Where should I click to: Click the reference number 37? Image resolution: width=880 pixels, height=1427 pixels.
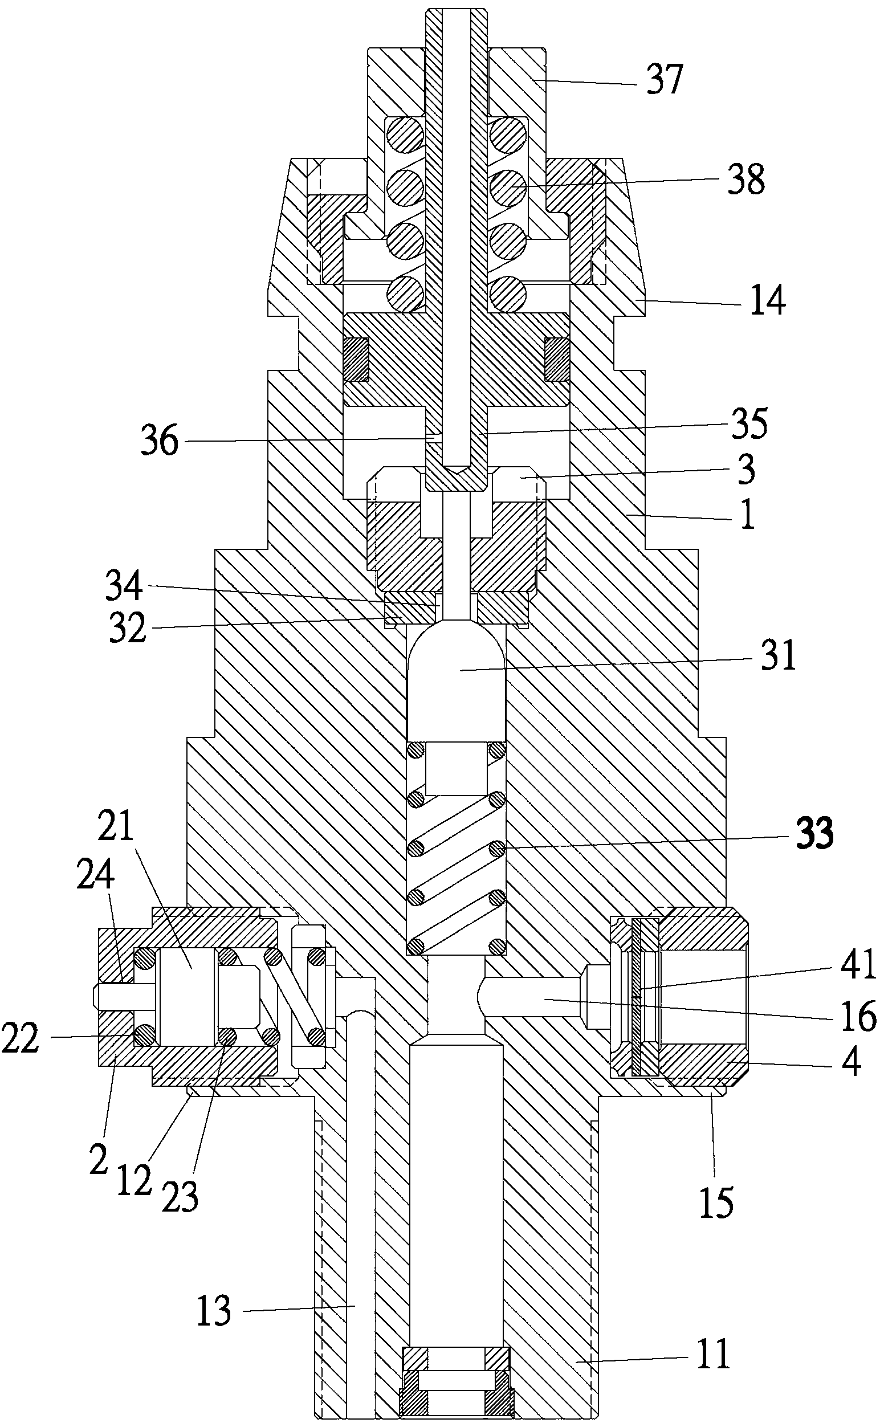tap(663, 79)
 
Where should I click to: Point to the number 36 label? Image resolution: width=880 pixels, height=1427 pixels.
tap(160, 440)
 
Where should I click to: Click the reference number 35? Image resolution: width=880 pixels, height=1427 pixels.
tap(749, 423)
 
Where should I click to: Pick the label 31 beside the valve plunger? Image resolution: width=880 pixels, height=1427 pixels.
tap(777, 655)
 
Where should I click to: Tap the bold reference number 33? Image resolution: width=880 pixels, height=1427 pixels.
tap(814, 833)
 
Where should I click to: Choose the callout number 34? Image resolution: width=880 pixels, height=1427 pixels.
tap(124, 585)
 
